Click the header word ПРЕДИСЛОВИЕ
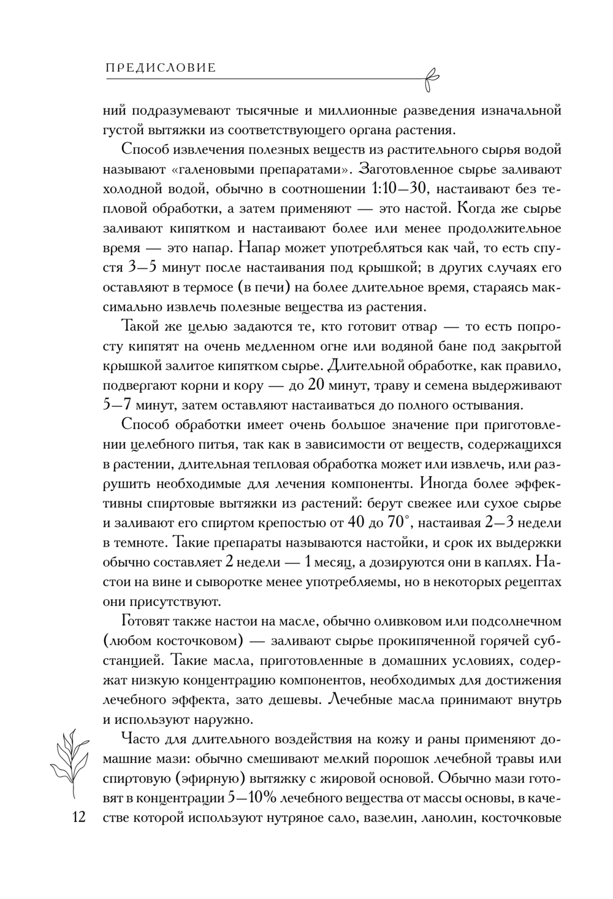coord(161,68)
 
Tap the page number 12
coord(78,817)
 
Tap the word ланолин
coord(443,817)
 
